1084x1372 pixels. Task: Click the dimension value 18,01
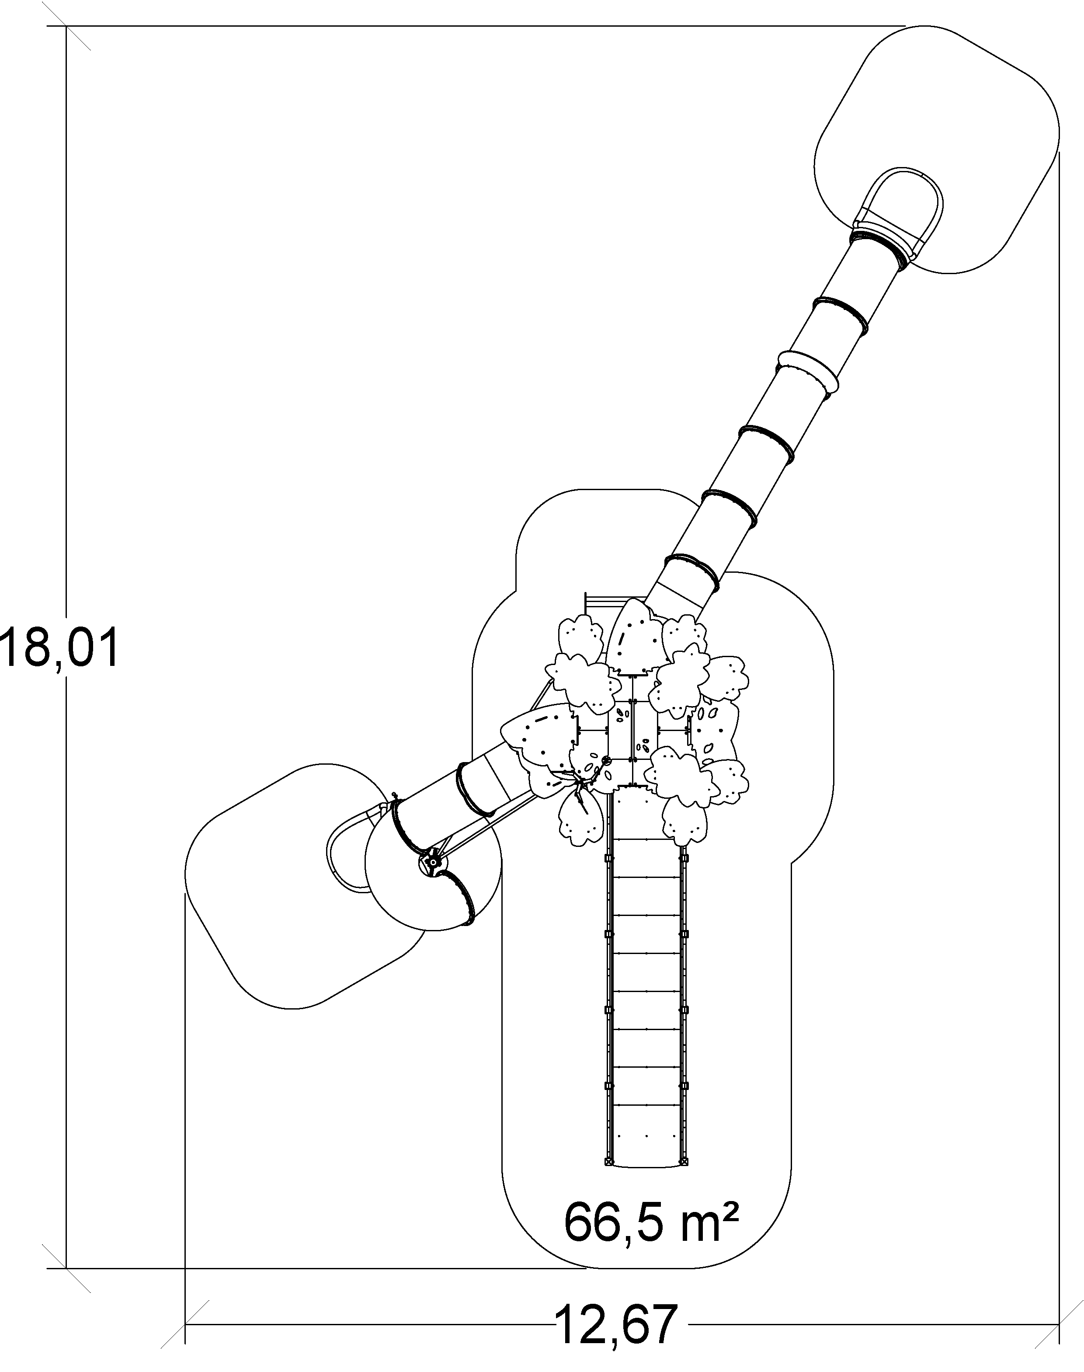point(60,647)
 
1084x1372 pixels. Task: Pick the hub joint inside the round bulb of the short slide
point(432,862)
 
